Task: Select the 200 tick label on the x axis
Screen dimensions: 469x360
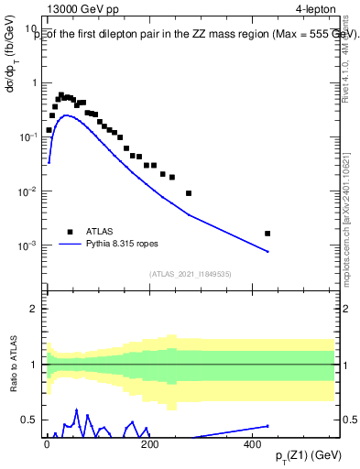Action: [x=150, y=443]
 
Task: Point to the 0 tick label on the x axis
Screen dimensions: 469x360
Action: [x=48, y=443]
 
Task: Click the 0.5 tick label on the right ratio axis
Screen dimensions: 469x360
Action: [x=349, y=420]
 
